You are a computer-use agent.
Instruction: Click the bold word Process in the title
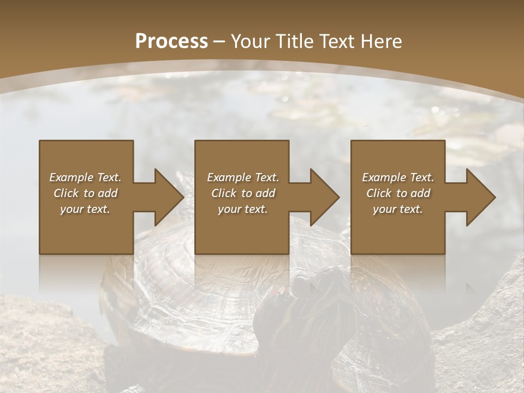(171, 41)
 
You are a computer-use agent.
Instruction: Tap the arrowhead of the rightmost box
(480, 197)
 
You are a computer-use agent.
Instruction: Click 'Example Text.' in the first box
(85, 177)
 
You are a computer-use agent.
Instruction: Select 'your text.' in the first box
(85, 209)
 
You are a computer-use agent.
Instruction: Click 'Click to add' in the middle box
(243, 193)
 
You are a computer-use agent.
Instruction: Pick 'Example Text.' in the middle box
(243, 177)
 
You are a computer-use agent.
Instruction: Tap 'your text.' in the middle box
(243, 209)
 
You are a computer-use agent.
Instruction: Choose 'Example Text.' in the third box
(398, 177)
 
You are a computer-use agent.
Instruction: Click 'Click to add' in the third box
(398, 193)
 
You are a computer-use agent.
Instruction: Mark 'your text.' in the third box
(398, 209)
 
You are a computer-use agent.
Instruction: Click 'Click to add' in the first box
(85, 193)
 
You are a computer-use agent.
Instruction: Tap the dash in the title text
(219, 41)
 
